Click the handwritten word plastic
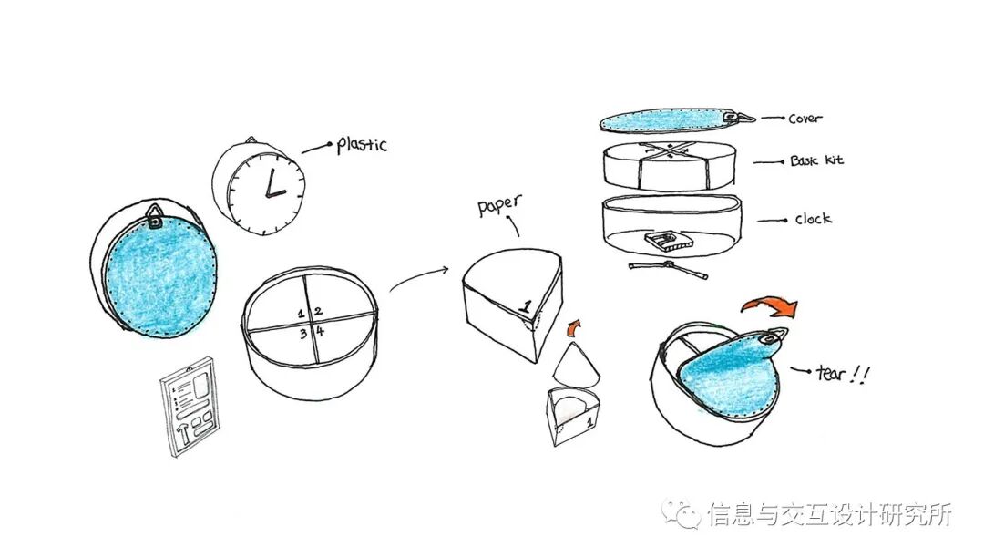362,144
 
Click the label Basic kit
816,160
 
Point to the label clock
813,219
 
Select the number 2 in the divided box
318,312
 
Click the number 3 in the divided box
303,333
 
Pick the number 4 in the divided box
320,332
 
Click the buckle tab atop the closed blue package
155,218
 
